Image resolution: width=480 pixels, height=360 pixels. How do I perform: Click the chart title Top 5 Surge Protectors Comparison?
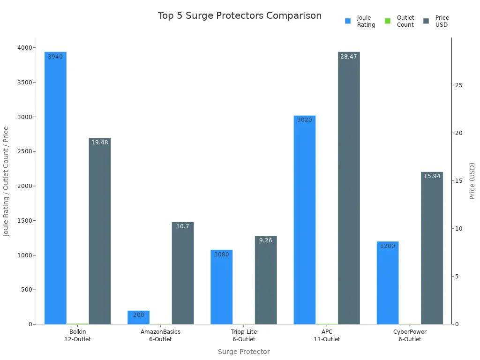click(x=240, y=15)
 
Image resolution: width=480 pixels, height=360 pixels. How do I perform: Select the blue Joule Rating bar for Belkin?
click(x=55, y=187)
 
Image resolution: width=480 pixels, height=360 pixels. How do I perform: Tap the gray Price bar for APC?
click(x=349, y=187)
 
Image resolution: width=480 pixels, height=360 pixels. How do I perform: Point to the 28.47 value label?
click(x=349, y=57)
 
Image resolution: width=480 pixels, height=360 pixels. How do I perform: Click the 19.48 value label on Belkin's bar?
click(x=99, y=142)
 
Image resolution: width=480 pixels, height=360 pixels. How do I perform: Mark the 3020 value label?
click(x=305, y=120)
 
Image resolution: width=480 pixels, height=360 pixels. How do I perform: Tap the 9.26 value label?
click(x=266, y=240)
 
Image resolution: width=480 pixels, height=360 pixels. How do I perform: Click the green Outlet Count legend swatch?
click(x=388, y=21)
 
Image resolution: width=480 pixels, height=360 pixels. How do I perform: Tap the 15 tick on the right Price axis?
click(x=459, y=181)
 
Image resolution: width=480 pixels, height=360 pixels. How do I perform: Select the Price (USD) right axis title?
click(x=472, y=181)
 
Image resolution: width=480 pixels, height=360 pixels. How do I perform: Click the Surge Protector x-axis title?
click(x=244, y=352)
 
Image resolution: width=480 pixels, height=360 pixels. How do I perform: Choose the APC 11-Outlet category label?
click(x=327, y=336)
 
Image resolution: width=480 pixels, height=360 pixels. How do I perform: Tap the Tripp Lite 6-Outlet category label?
click(x=244, y=336)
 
